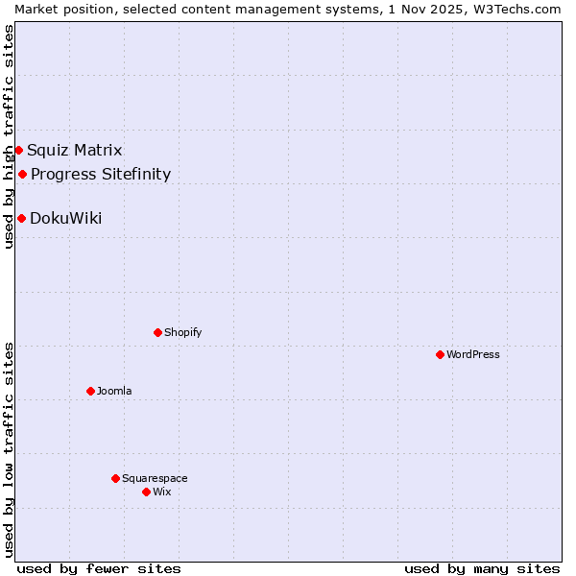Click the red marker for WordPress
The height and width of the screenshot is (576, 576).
440,354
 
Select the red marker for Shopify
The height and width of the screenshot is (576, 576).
157,332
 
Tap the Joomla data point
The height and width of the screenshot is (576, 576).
90,391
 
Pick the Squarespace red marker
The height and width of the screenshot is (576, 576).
115,478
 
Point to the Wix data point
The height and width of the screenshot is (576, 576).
146,492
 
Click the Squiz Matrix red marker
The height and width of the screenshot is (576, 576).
18,150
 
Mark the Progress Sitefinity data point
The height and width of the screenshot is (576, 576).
22,174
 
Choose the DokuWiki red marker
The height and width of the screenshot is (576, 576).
21,218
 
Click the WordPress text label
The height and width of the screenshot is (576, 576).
473,354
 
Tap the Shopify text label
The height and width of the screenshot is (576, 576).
182,332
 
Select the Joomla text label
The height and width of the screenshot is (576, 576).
114,391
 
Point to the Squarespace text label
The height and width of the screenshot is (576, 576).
155,478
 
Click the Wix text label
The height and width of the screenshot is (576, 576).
161,492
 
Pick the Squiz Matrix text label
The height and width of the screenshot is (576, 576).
75,150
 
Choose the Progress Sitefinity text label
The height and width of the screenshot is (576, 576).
101,174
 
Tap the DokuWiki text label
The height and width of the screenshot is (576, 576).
65,218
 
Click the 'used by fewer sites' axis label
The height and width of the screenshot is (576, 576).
99,568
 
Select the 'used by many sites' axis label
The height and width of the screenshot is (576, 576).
482,568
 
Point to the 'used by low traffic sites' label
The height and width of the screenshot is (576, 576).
9,449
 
